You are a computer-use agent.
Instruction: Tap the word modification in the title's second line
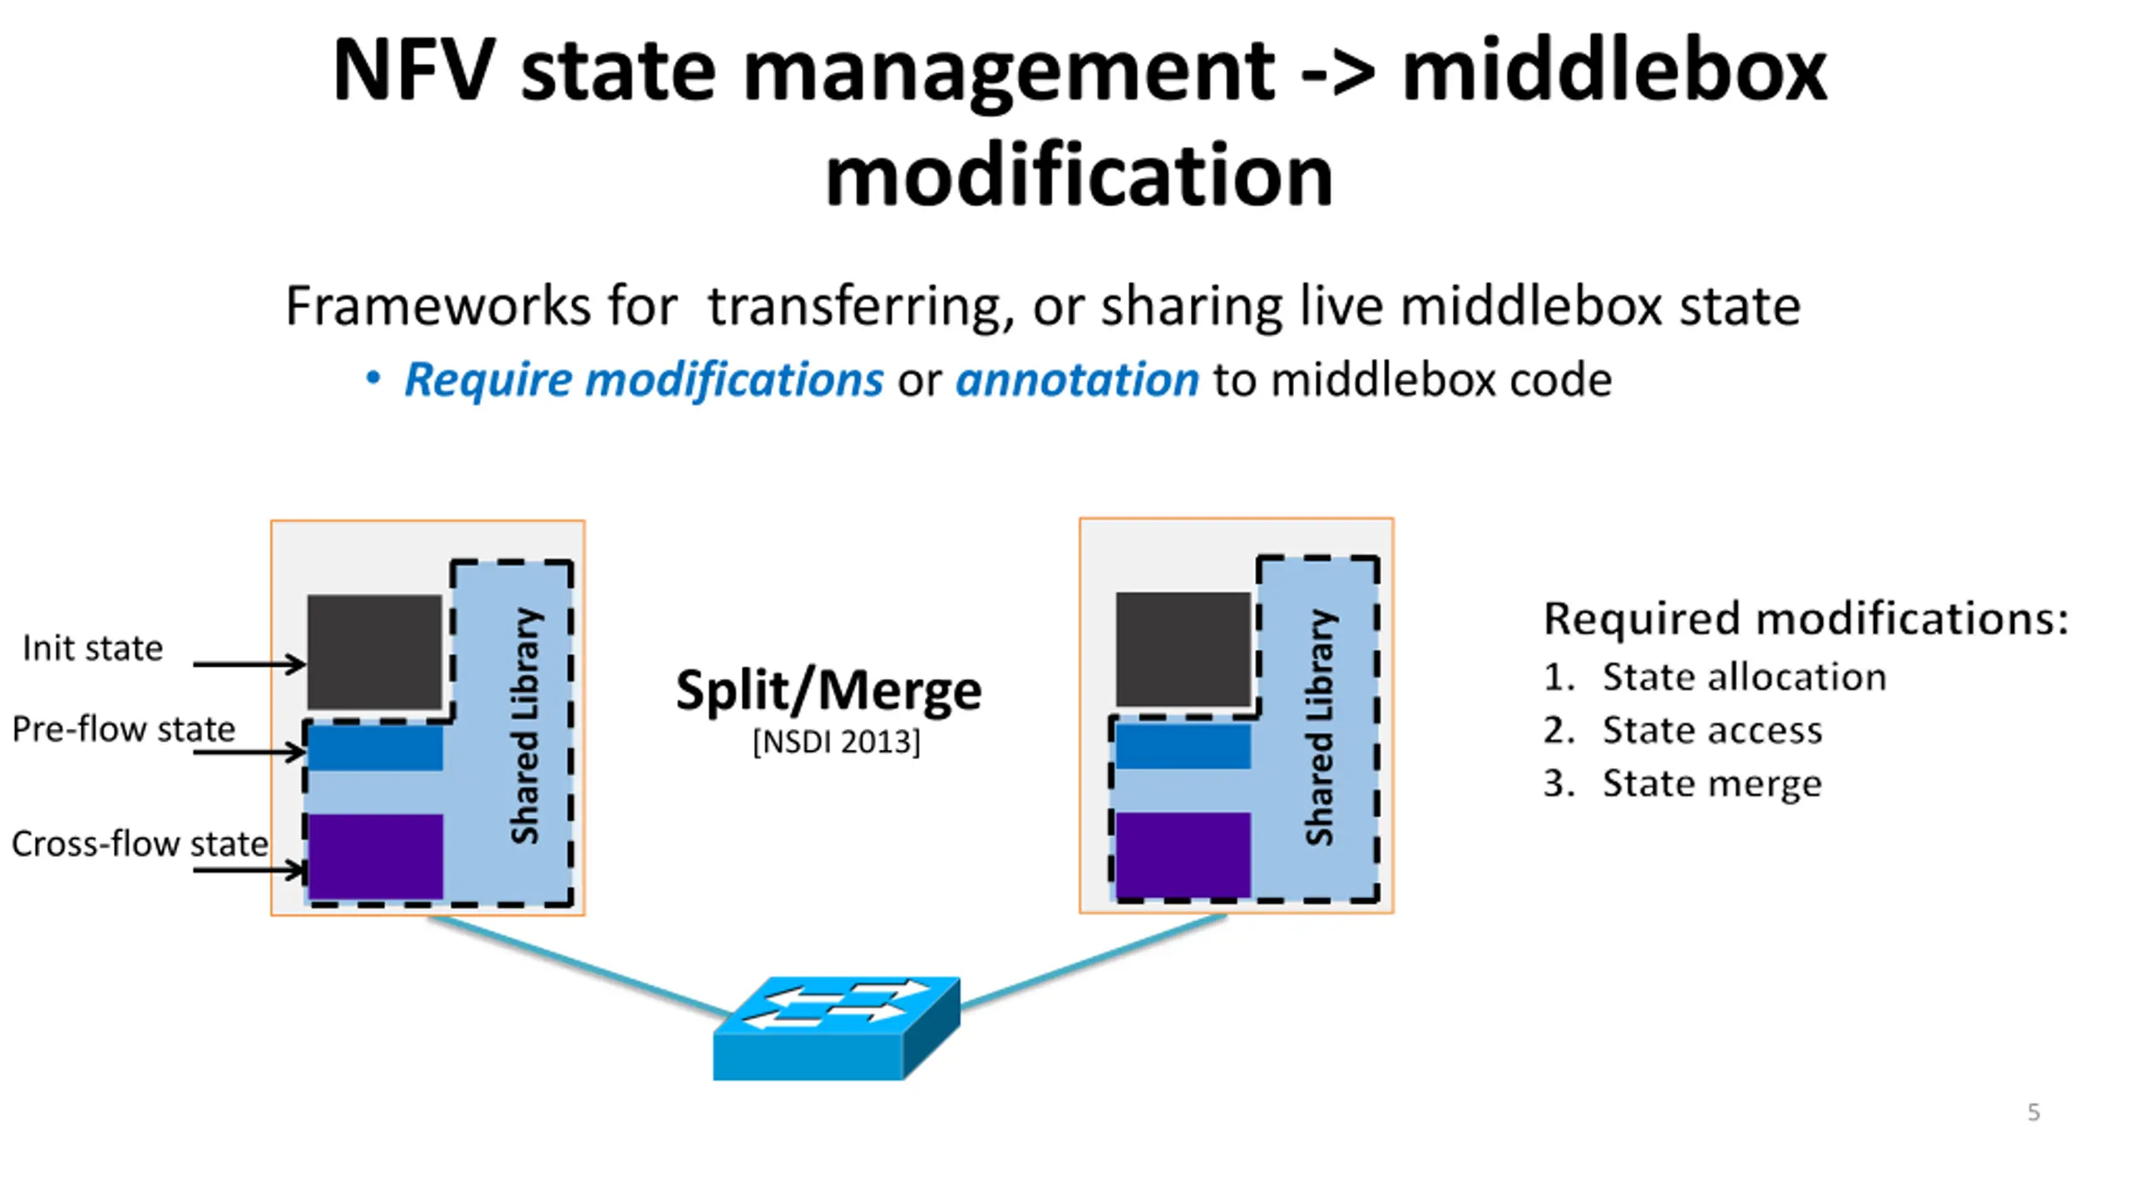[1079, 174]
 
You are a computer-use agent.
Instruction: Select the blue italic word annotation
[1077, 380]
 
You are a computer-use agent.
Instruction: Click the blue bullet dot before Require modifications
[373, 378]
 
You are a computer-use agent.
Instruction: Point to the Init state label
[93, 648]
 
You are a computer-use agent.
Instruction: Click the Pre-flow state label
[124, 729]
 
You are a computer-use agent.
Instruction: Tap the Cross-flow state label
[140, 844]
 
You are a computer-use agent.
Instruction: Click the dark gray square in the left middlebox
[374, 652]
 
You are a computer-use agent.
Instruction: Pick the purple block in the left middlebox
[375, 857]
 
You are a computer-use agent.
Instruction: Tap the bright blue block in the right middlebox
[1183, 746]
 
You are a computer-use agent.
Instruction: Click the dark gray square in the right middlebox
[1183, 649]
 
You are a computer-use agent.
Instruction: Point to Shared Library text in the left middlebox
[526, 726]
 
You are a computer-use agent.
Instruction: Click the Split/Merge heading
[829, 690]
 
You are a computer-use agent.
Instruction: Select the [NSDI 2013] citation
[837, 741]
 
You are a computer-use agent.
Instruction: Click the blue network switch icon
[837, 1028]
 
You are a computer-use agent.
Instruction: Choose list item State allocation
[1716, 677]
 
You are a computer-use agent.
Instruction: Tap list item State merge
[1683, 784]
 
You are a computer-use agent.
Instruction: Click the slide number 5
[2033, 1112]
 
